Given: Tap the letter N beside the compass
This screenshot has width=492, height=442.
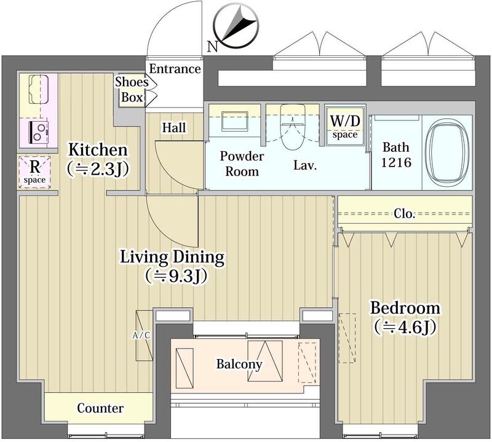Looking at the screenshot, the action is click(x=213, y=47).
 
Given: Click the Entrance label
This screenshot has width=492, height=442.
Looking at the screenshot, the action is click(x=175, y=69).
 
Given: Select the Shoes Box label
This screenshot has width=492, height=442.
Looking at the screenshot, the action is click(x=132, y=90).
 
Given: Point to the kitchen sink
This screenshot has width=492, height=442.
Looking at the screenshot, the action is click(x=39, y=89).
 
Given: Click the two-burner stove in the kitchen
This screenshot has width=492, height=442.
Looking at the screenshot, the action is click(x=39, y=132).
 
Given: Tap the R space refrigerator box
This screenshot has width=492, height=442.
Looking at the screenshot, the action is click(x=34, y=172).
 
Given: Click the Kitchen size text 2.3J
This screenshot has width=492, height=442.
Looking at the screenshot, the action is click(x=98, y=170).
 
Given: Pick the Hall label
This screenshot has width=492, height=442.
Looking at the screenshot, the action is click(x=174, y=128).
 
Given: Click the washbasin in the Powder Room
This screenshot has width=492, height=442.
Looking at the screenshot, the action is click(x=235, y=121).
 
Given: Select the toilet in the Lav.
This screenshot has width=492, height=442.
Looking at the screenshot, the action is click(x=293, y=127).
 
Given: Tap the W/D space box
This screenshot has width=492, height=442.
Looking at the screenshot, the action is click(x=345, y=126).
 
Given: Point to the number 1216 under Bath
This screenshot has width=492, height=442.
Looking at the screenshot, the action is click(x=396, y=162).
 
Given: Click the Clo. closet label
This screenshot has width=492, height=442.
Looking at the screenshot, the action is click(x=405, y=214).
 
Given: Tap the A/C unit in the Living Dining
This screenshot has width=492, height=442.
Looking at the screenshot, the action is click(x=145, y=336).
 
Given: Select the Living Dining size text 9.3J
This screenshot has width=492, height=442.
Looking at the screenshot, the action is click(x=176, y=276).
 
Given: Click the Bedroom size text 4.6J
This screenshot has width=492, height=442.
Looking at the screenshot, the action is click(x=405, y=327).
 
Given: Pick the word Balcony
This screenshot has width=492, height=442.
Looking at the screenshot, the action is click(x=239, y=364).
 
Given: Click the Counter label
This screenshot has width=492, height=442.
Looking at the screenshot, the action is click(x=100, y=408).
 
